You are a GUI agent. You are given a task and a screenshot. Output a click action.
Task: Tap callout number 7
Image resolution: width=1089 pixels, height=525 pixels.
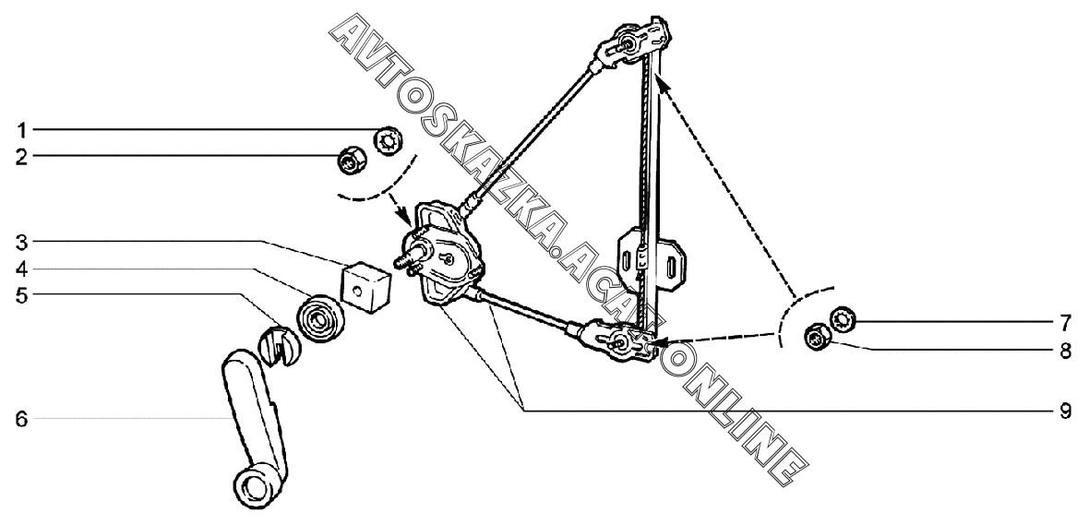coord(1065,322)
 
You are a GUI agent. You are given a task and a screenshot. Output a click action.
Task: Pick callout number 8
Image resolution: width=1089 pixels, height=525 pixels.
coord(1065,350)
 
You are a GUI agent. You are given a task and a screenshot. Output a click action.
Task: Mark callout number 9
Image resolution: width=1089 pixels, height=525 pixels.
coord(1065,409)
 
